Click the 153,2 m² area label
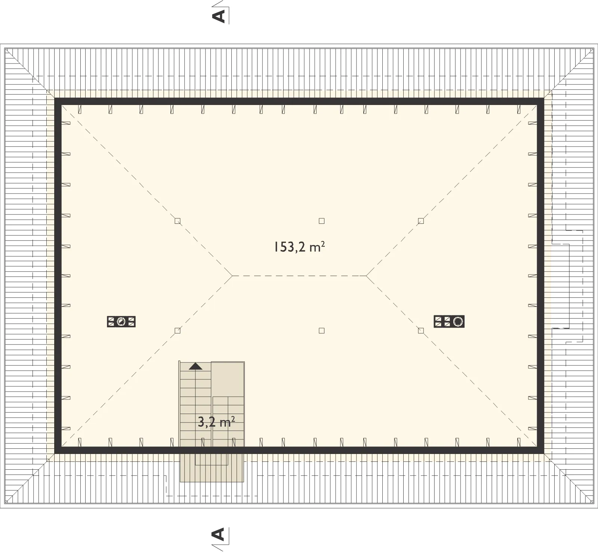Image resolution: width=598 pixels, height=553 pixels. (299, 247)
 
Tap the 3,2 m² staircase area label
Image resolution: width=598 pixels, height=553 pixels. (216, 422)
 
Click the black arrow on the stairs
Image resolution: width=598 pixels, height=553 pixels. (195, 366)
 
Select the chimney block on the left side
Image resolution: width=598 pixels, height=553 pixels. (121, 321)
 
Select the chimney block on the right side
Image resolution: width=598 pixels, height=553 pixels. (449, 321)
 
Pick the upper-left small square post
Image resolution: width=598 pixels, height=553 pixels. (178, 221)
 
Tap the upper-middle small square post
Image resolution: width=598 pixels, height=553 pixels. (321, 221)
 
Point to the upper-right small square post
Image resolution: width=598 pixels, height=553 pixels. (421, 221)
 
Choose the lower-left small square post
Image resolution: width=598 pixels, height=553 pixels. (178, 331)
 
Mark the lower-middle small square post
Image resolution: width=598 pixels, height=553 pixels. (321, 331)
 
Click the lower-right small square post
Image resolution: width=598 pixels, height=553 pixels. (421, 331)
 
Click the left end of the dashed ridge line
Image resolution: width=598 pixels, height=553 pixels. (232, 276)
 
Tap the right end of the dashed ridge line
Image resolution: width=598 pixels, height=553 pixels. (366, 276)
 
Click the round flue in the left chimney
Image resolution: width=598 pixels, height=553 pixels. (121, 321)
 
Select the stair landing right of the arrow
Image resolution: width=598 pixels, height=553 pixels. (228, 379)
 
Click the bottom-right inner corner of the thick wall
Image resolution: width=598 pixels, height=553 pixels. (537, 447)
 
